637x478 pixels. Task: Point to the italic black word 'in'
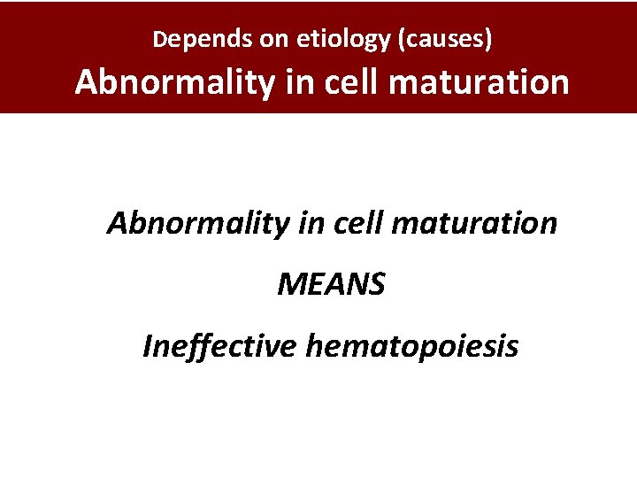(309, 223)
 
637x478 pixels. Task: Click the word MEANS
(332, 285)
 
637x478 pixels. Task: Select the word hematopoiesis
(412, 347)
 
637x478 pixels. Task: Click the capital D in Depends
(159, 39)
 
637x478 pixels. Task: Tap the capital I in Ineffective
(147, 347)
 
